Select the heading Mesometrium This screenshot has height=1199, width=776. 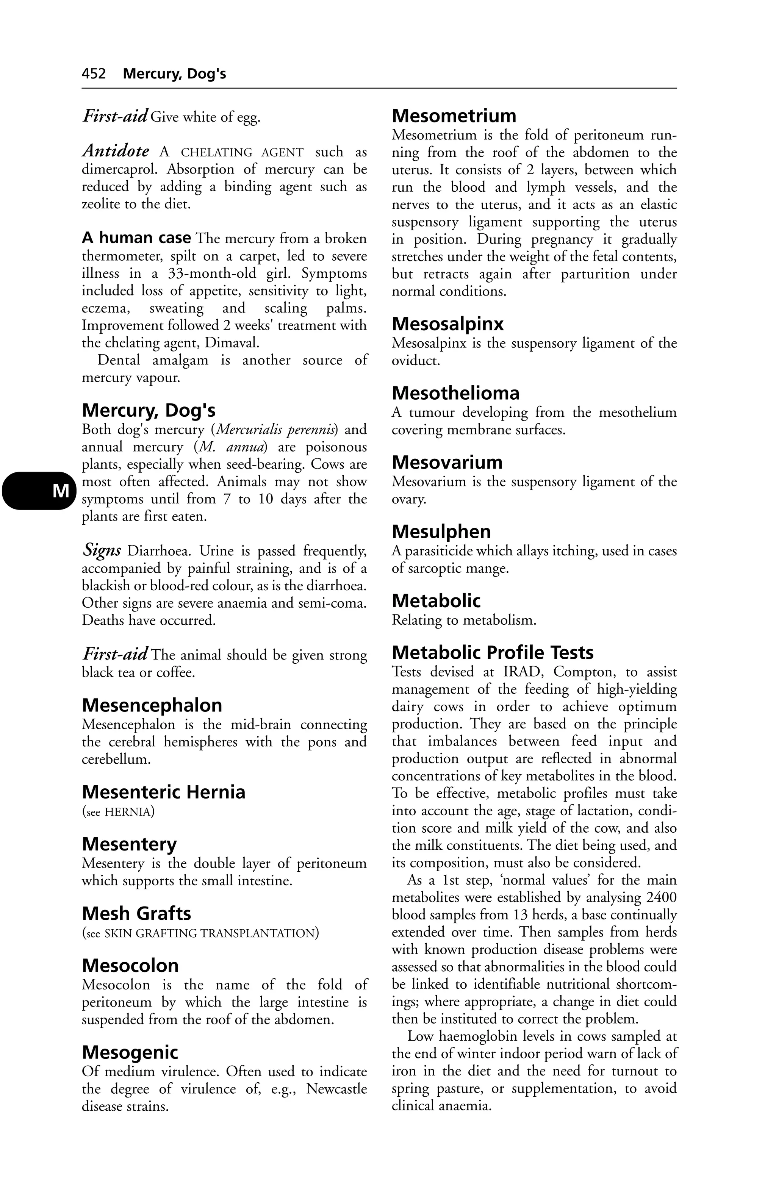click(x=454, y=116)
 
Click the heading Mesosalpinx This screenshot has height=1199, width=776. click(x=447, y=324)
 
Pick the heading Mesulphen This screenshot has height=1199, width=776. click(x=441, y=531)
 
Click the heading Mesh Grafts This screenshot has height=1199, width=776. click(x=136, y=913)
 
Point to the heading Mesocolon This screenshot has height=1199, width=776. click(x=130, y=965)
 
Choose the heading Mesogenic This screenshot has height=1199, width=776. click(x=130, y=1052)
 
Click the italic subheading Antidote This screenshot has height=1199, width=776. click(x=116, y=151)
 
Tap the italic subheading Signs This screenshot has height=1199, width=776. click(x=101, y=550)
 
